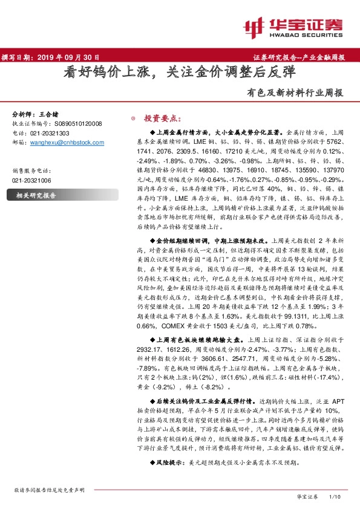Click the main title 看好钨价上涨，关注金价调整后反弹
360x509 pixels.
pyautogui.click(x=180, y=74)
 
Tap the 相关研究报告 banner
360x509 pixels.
pyautogui.click(x=36, y=195)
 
